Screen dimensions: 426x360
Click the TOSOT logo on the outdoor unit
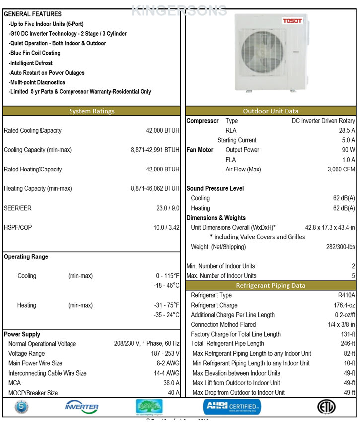tap(292, 21)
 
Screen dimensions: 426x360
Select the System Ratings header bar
tap(92, 111)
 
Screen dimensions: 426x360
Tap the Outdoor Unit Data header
tap(271, 111)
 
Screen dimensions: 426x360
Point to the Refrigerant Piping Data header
tap(271, 286)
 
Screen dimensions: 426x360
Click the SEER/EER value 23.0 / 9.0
tap(168, 208)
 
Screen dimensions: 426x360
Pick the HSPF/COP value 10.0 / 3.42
tap(166, 228)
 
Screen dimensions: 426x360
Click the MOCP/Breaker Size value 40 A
tap(173, 393)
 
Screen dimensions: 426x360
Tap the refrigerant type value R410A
tap(346, 296)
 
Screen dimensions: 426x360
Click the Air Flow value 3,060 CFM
tap(342, 170)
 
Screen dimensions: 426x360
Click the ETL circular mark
tap(326, 407)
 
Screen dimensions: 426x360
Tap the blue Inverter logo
tap(81, 407)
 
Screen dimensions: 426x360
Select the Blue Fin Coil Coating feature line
tap(35, 53)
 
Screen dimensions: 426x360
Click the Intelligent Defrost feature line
tap(31, 63)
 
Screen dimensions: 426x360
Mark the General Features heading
tap(33, 14)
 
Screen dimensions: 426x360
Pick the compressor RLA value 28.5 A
tap(347, 131)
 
